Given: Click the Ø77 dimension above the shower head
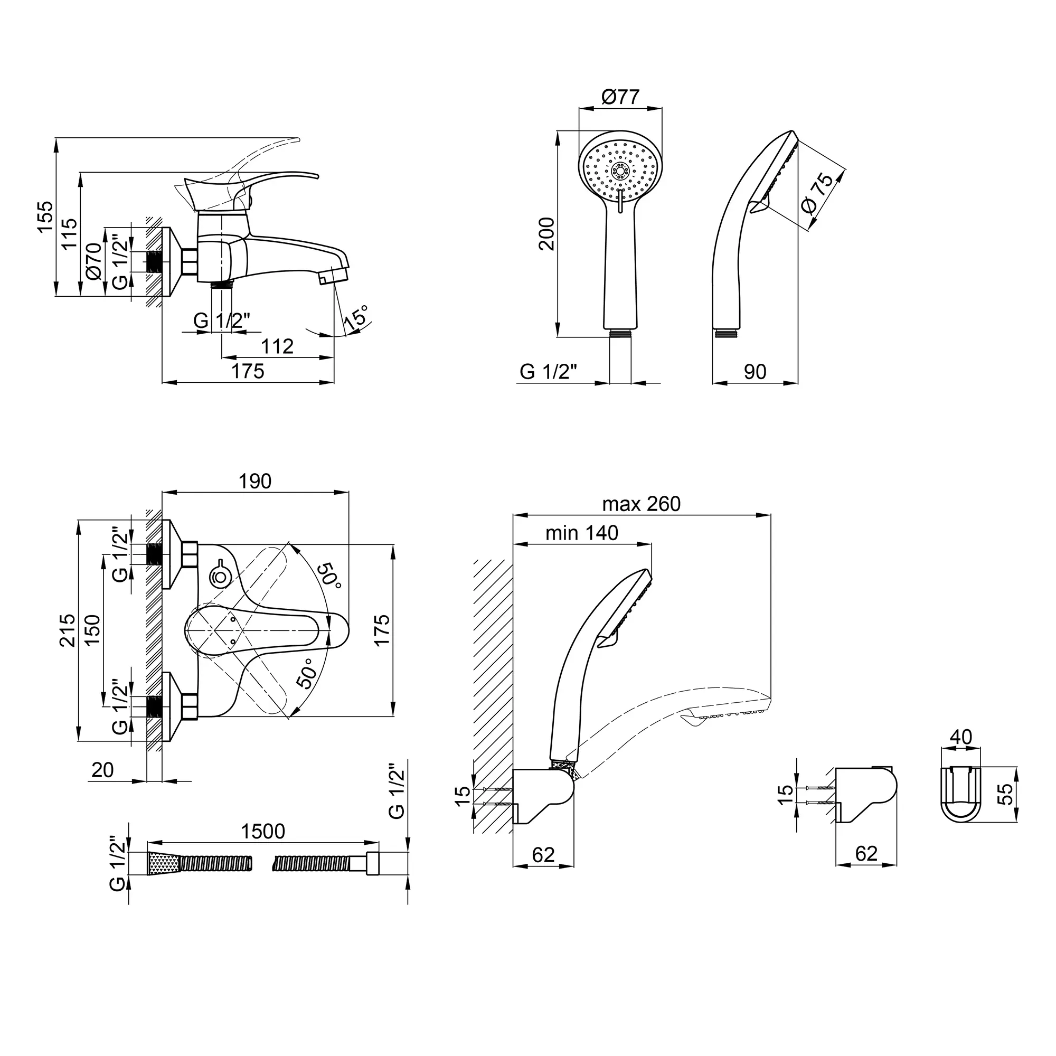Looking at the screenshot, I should (x=620, y=97).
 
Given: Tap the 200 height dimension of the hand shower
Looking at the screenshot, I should (x=547, y=233).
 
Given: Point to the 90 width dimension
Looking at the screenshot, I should (x=755, y=372).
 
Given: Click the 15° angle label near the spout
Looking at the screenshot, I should (x=356, y=317).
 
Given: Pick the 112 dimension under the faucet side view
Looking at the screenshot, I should (x=277, y=346).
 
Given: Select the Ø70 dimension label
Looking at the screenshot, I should (x=93, y=261).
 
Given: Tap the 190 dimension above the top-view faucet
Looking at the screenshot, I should (x=255, y=481).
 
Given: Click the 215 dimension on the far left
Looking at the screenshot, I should (x=67, y=630).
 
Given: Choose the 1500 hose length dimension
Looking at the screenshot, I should (x=263, y=832).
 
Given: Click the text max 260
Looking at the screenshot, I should (x=641, y=504).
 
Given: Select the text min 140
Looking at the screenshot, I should (x=581, y=532).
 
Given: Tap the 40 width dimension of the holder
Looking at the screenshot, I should (x=960, y=737).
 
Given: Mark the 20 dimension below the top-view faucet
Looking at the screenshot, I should (x=102, y=770).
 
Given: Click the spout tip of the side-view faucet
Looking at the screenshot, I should (x=335, y=273).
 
